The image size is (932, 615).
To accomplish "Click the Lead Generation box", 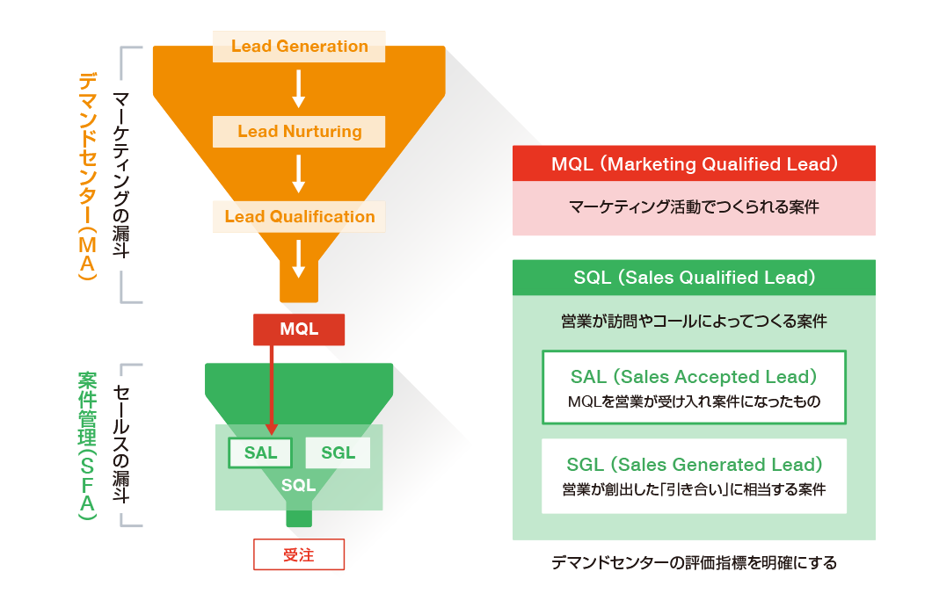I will [299, 47].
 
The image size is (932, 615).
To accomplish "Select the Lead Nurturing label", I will [299, 132].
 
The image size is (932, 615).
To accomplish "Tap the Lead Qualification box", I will [299, 217].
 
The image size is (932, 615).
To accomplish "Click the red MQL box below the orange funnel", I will [299, 329].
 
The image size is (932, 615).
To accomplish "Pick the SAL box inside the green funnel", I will [260, 453].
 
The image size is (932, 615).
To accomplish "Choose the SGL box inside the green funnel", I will [338, 453].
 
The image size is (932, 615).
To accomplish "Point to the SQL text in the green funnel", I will [298, 486].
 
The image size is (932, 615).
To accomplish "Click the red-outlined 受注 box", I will [299, 555].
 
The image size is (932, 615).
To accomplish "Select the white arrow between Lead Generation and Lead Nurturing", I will [299, 89].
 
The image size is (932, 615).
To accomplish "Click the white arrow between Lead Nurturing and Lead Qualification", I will [299, 174].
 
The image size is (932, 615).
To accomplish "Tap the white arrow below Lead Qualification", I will [299, 257].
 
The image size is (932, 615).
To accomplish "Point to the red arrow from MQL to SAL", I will [271, 387].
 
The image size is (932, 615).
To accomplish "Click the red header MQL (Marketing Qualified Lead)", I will [694, 164].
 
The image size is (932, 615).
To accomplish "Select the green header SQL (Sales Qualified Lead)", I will [694, 278].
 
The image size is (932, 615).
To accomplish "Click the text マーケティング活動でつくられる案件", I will [694, 208].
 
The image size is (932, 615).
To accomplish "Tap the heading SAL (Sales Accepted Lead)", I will [694, 377].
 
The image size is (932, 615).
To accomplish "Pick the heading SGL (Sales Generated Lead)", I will [694, 465].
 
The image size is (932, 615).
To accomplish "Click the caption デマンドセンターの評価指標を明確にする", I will [694, 562].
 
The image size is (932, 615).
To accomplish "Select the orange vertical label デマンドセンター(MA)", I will [87, 175].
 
